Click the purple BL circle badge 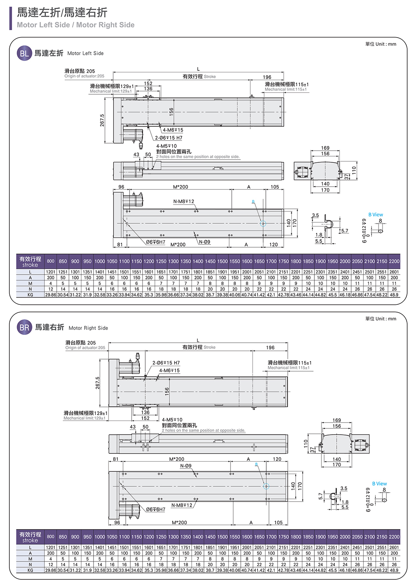pyautogui.click(x=24, y=53)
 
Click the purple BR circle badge pyautogui.click(x=24, y=327)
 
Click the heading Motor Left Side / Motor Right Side pyautogui.click(x=76, y=25)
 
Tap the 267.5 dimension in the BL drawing pyautogui.click(x=102, y=120)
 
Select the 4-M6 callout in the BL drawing pyautogui.click(x=173, y=130)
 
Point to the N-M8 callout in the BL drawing pyautogui.click(x=184, y=201)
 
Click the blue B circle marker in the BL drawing pyautogui.click(x=263, y=223)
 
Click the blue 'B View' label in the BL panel pyautogui.click(x=375, y=215)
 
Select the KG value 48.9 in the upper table pyautogui.click(x=394, y=295)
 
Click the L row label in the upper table pyautogui.click(x=30, y=272)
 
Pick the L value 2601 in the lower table pyautogui.click(x=394, y=547)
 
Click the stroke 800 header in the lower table pyautogui.click(x=51, y=537)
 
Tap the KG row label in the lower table pyautogui.click(x=30, y=570)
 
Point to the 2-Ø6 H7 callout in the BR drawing pyautogui.click(x=166, y=363)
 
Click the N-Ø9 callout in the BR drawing pyautogui.click(x=186, y=466)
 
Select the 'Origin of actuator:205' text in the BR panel pyautogui.click(x=85, y=348)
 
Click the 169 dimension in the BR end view pyautogui.click(x=336, y=420)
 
